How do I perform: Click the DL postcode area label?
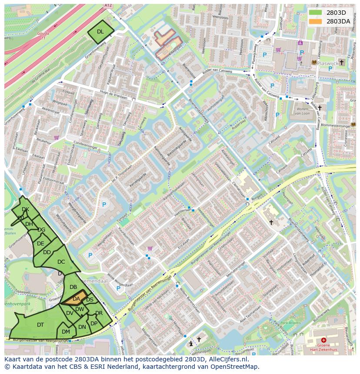coord(100,32)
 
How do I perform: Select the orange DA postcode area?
coord(76,299)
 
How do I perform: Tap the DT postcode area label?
coord(40,325)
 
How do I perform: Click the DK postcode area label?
coord(25,210)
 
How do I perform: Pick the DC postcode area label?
coord(61,262)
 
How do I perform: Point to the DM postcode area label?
coord(66,332)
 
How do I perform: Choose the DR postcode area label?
coord(99,313)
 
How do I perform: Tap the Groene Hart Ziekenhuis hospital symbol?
coord(323,341)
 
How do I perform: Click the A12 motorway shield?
coord(108,5)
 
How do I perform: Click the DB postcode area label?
coord(73,287)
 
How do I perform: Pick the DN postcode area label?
coord(82,327)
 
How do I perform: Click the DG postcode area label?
coord(41,230)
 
